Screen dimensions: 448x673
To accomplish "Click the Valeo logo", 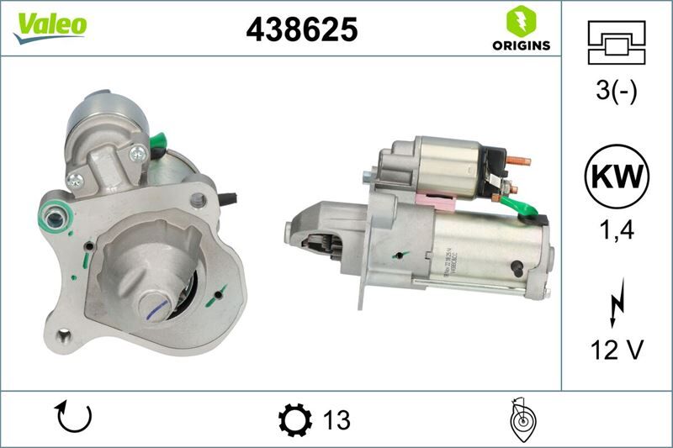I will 49,26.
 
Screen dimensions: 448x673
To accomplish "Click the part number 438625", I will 301,29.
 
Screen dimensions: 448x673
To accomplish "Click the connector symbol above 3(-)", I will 617,42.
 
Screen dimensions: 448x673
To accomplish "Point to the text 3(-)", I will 617,90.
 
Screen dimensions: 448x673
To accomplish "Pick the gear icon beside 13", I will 294,419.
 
